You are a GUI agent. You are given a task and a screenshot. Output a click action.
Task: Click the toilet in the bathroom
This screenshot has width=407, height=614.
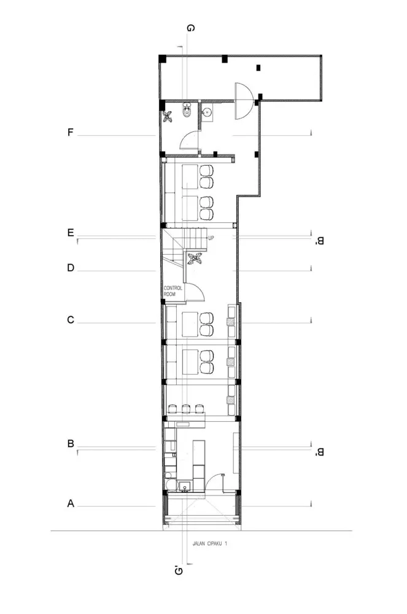(187, 111)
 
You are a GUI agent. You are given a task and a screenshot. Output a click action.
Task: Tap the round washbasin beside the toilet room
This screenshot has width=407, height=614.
(207, 112)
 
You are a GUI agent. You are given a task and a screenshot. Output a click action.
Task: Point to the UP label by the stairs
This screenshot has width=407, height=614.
(211, 238)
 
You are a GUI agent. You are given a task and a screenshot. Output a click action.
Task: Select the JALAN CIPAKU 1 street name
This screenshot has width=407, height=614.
(209, 543)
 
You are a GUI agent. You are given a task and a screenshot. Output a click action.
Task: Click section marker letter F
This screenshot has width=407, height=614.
(71, 132)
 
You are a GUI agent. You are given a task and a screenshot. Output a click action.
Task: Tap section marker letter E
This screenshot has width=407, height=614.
(71, 233)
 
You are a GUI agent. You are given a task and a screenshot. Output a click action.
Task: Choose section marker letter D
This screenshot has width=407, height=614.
(71, 268)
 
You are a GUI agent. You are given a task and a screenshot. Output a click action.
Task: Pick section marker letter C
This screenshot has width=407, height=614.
(71, 320)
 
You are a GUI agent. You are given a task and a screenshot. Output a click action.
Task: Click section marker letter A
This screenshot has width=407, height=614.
(71, 503)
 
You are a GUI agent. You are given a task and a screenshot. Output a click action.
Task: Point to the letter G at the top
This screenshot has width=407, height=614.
(191, 28)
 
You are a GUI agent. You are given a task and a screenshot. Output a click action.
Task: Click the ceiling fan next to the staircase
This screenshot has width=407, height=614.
(196, 259)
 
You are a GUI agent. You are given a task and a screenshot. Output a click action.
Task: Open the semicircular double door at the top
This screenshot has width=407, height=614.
(243, 101)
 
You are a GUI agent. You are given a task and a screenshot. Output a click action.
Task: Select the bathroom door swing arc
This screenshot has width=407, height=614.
(187, 141)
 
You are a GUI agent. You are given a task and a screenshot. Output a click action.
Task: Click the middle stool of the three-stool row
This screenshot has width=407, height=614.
(185, 408)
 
